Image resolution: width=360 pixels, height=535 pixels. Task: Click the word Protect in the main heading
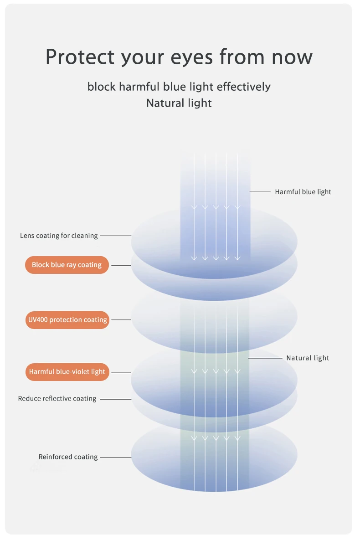[80, 57]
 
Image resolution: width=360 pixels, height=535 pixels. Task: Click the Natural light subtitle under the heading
[179, 103]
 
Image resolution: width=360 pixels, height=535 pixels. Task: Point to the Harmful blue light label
[303, 192]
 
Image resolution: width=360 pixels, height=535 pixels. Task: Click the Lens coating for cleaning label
[59, 236]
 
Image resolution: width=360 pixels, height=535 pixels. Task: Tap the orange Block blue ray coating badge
[67, 265]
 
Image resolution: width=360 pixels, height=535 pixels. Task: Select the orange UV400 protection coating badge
[67, 320]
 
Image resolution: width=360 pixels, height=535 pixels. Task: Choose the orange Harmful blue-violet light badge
[67, 372]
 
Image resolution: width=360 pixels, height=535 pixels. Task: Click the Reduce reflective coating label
[57, 399]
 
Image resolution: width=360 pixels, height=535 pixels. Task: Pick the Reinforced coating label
[68, 457]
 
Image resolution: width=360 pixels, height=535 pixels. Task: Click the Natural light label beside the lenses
[308, 358]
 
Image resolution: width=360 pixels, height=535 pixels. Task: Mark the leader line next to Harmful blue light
[260, 192]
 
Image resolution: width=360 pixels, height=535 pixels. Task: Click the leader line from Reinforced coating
[115, 457]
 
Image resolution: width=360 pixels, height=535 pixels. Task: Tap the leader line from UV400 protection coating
[121, 320]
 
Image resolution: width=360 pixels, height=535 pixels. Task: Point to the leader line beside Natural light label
[266, 358]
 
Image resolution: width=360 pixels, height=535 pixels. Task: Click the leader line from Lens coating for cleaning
[115, 236]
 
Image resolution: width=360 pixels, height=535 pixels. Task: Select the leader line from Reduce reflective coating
[115, 399]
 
